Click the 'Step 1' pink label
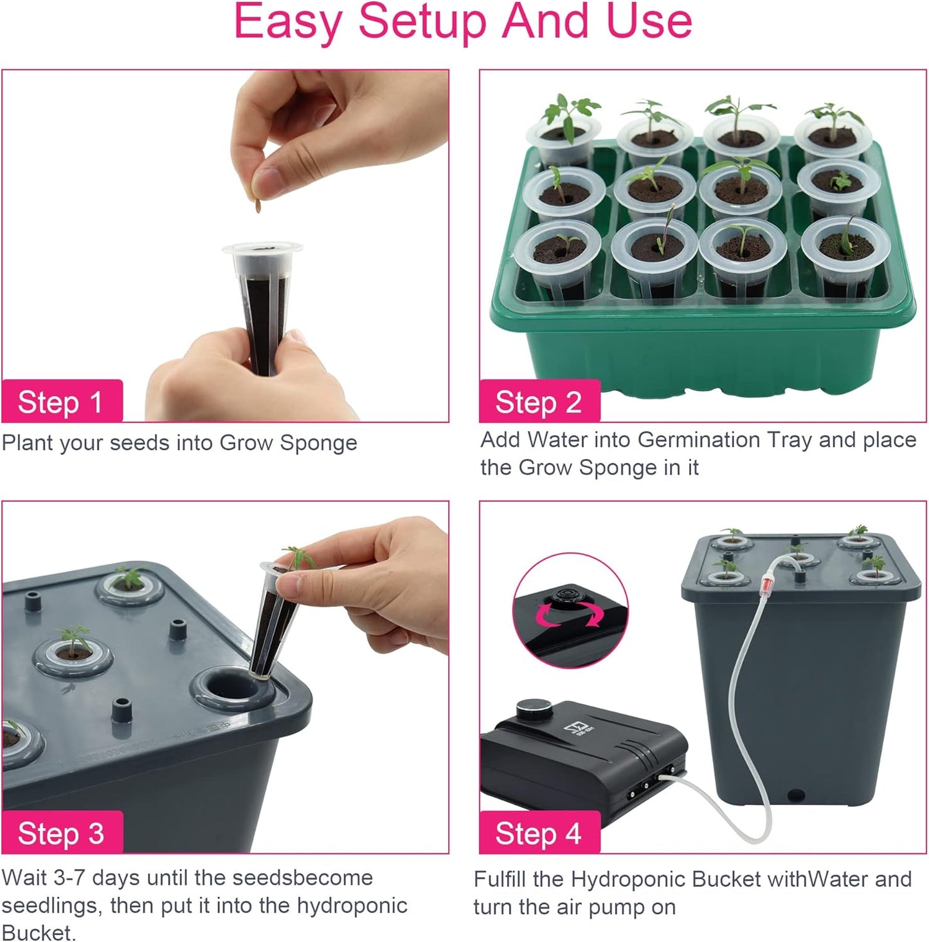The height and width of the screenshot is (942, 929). click(61, 403)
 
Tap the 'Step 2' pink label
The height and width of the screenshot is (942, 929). click(539, 403)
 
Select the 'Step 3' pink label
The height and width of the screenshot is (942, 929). click(61, 833)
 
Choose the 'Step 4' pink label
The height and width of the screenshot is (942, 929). click(539, 833)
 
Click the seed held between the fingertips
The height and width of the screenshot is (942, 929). click(258, 206)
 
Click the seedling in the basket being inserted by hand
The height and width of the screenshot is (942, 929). click(298, 556)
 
